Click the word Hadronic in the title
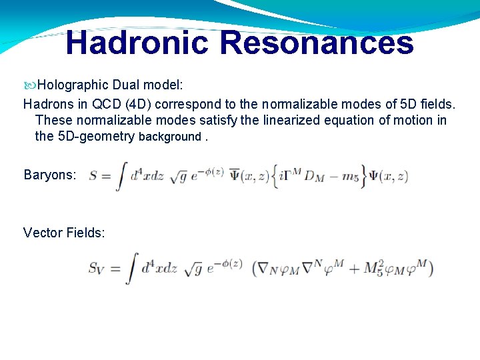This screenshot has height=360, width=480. click(x=137, y=42)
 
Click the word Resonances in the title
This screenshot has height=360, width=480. click(x=316, y=42)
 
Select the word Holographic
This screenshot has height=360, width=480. click(x=73, y=85)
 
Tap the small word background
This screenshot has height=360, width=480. click(x=169, y=137)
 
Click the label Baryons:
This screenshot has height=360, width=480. click(x=50, y=175)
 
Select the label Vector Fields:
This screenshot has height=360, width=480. click(x=64, y=233)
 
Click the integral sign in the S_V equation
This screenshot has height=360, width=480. click(x=133, y=269)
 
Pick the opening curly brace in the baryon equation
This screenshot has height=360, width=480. click(x=276, y=177)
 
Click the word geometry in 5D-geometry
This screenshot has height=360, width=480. click(x=107, y=137)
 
